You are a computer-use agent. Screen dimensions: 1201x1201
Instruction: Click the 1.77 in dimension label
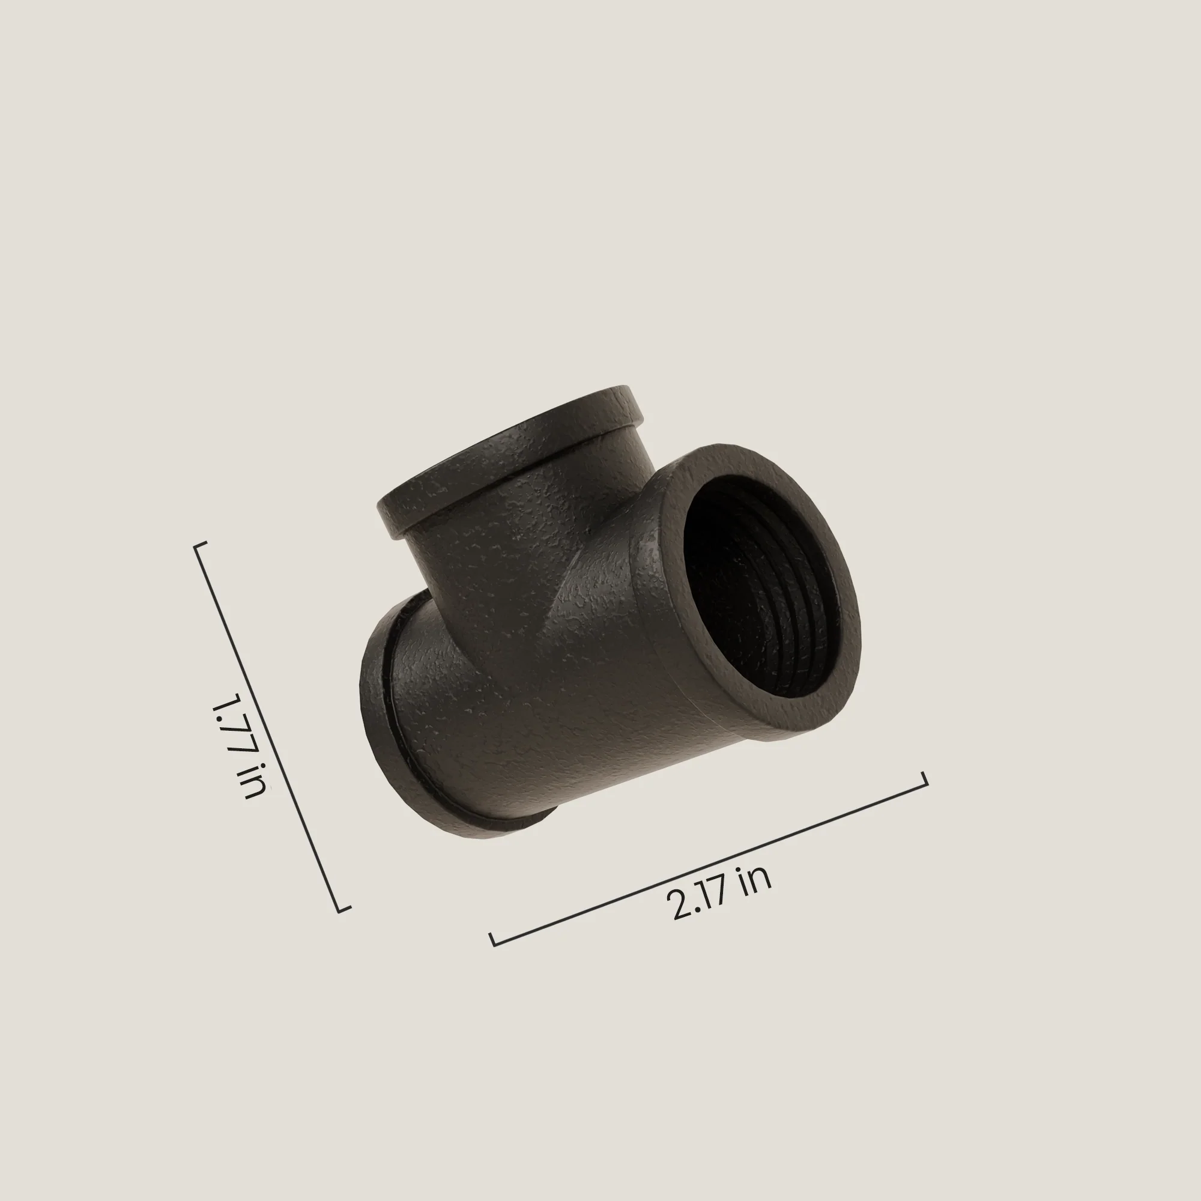click(240, 745)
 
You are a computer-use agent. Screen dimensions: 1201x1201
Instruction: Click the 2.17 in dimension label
click(719, 893)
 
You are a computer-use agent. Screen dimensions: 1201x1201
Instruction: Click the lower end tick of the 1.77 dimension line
click(344, 909)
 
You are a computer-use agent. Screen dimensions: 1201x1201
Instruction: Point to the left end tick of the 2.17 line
click(492, 939)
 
